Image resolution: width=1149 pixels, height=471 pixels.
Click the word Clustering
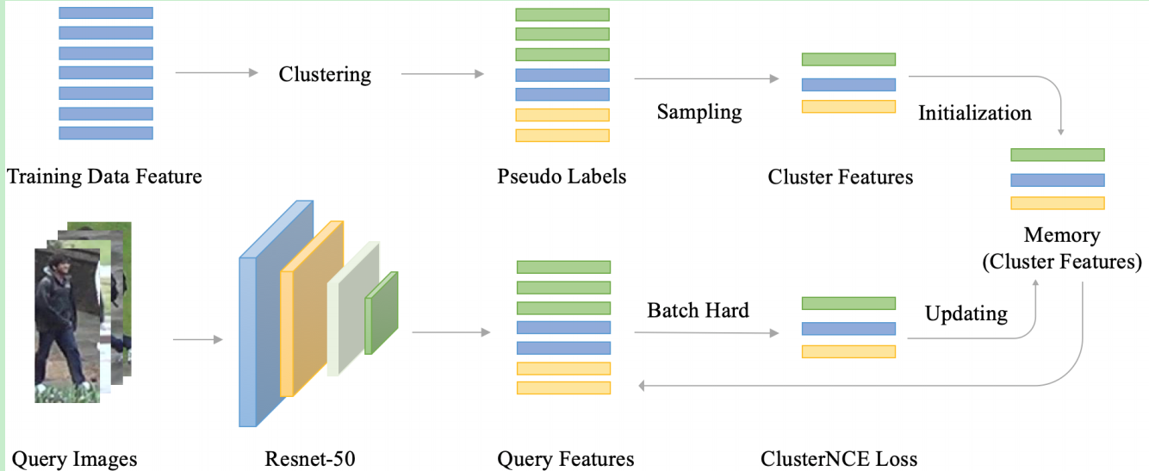[325, 75]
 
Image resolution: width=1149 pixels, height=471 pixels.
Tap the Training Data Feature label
[104, 177]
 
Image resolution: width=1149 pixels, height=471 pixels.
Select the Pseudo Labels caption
[562, 177]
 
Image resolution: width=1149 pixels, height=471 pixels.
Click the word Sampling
[699, 112]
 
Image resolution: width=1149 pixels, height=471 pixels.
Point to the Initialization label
[974, 114]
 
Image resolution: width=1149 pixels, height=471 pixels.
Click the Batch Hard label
[698, 310]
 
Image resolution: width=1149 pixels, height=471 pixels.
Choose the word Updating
[966, 313]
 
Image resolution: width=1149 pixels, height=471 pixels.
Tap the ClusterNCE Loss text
[838, 459]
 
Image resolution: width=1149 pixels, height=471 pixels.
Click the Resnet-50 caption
[311, 459]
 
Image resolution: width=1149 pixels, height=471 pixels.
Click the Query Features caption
[566, 459]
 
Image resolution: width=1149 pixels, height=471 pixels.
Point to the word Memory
[1062, 236]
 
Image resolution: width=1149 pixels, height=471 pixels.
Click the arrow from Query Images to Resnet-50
[197, 339]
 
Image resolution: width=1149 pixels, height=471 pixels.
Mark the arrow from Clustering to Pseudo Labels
[442, 74]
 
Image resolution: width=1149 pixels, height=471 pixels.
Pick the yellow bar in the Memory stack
[1057, 203]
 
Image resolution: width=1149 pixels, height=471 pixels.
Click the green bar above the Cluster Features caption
[848, 59]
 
